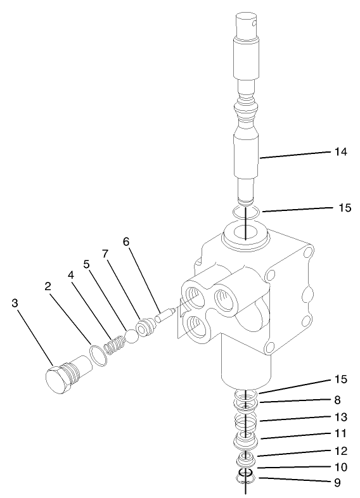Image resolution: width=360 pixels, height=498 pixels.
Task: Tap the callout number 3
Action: click(15, 303)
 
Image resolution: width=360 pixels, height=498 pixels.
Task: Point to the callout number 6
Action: click(125, 241)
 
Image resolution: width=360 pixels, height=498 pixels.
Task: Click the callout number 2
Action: click(47, 286)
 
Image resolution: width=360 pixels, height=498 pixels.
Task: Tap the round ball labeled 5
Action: click(132, 335)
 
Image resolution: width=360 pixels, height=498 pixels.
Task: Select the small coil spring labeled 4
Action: click(115, 345)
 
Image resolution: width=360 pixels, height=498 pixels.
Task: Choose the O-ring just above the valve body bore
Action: click(243, 213)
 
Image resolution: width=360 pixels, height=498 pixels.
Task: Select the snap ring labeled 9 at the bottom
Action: click(245, 481)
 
